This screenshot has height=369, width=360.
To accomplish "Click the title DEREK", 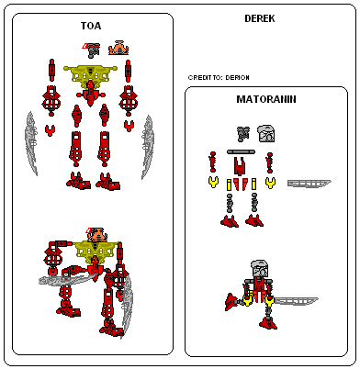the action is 261,18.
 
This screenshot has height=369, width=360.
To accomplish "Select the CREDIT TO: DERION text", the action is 218,78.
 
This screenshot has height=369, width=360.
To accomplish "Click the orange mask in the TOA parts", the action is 118,47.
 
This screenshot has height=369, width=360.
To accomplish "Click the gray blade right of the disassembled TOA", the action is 147,144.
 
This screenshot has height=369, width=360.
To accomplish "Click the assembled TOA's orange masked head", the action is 96,236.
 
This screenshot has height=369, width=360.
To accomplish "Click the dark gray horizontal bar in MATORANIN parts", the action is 241,150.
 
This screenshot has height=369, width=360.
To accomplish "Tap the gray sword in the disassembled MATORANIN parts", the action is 309,184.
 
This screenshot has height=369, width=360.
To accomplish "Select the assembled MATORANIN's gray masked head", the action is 262,270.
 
